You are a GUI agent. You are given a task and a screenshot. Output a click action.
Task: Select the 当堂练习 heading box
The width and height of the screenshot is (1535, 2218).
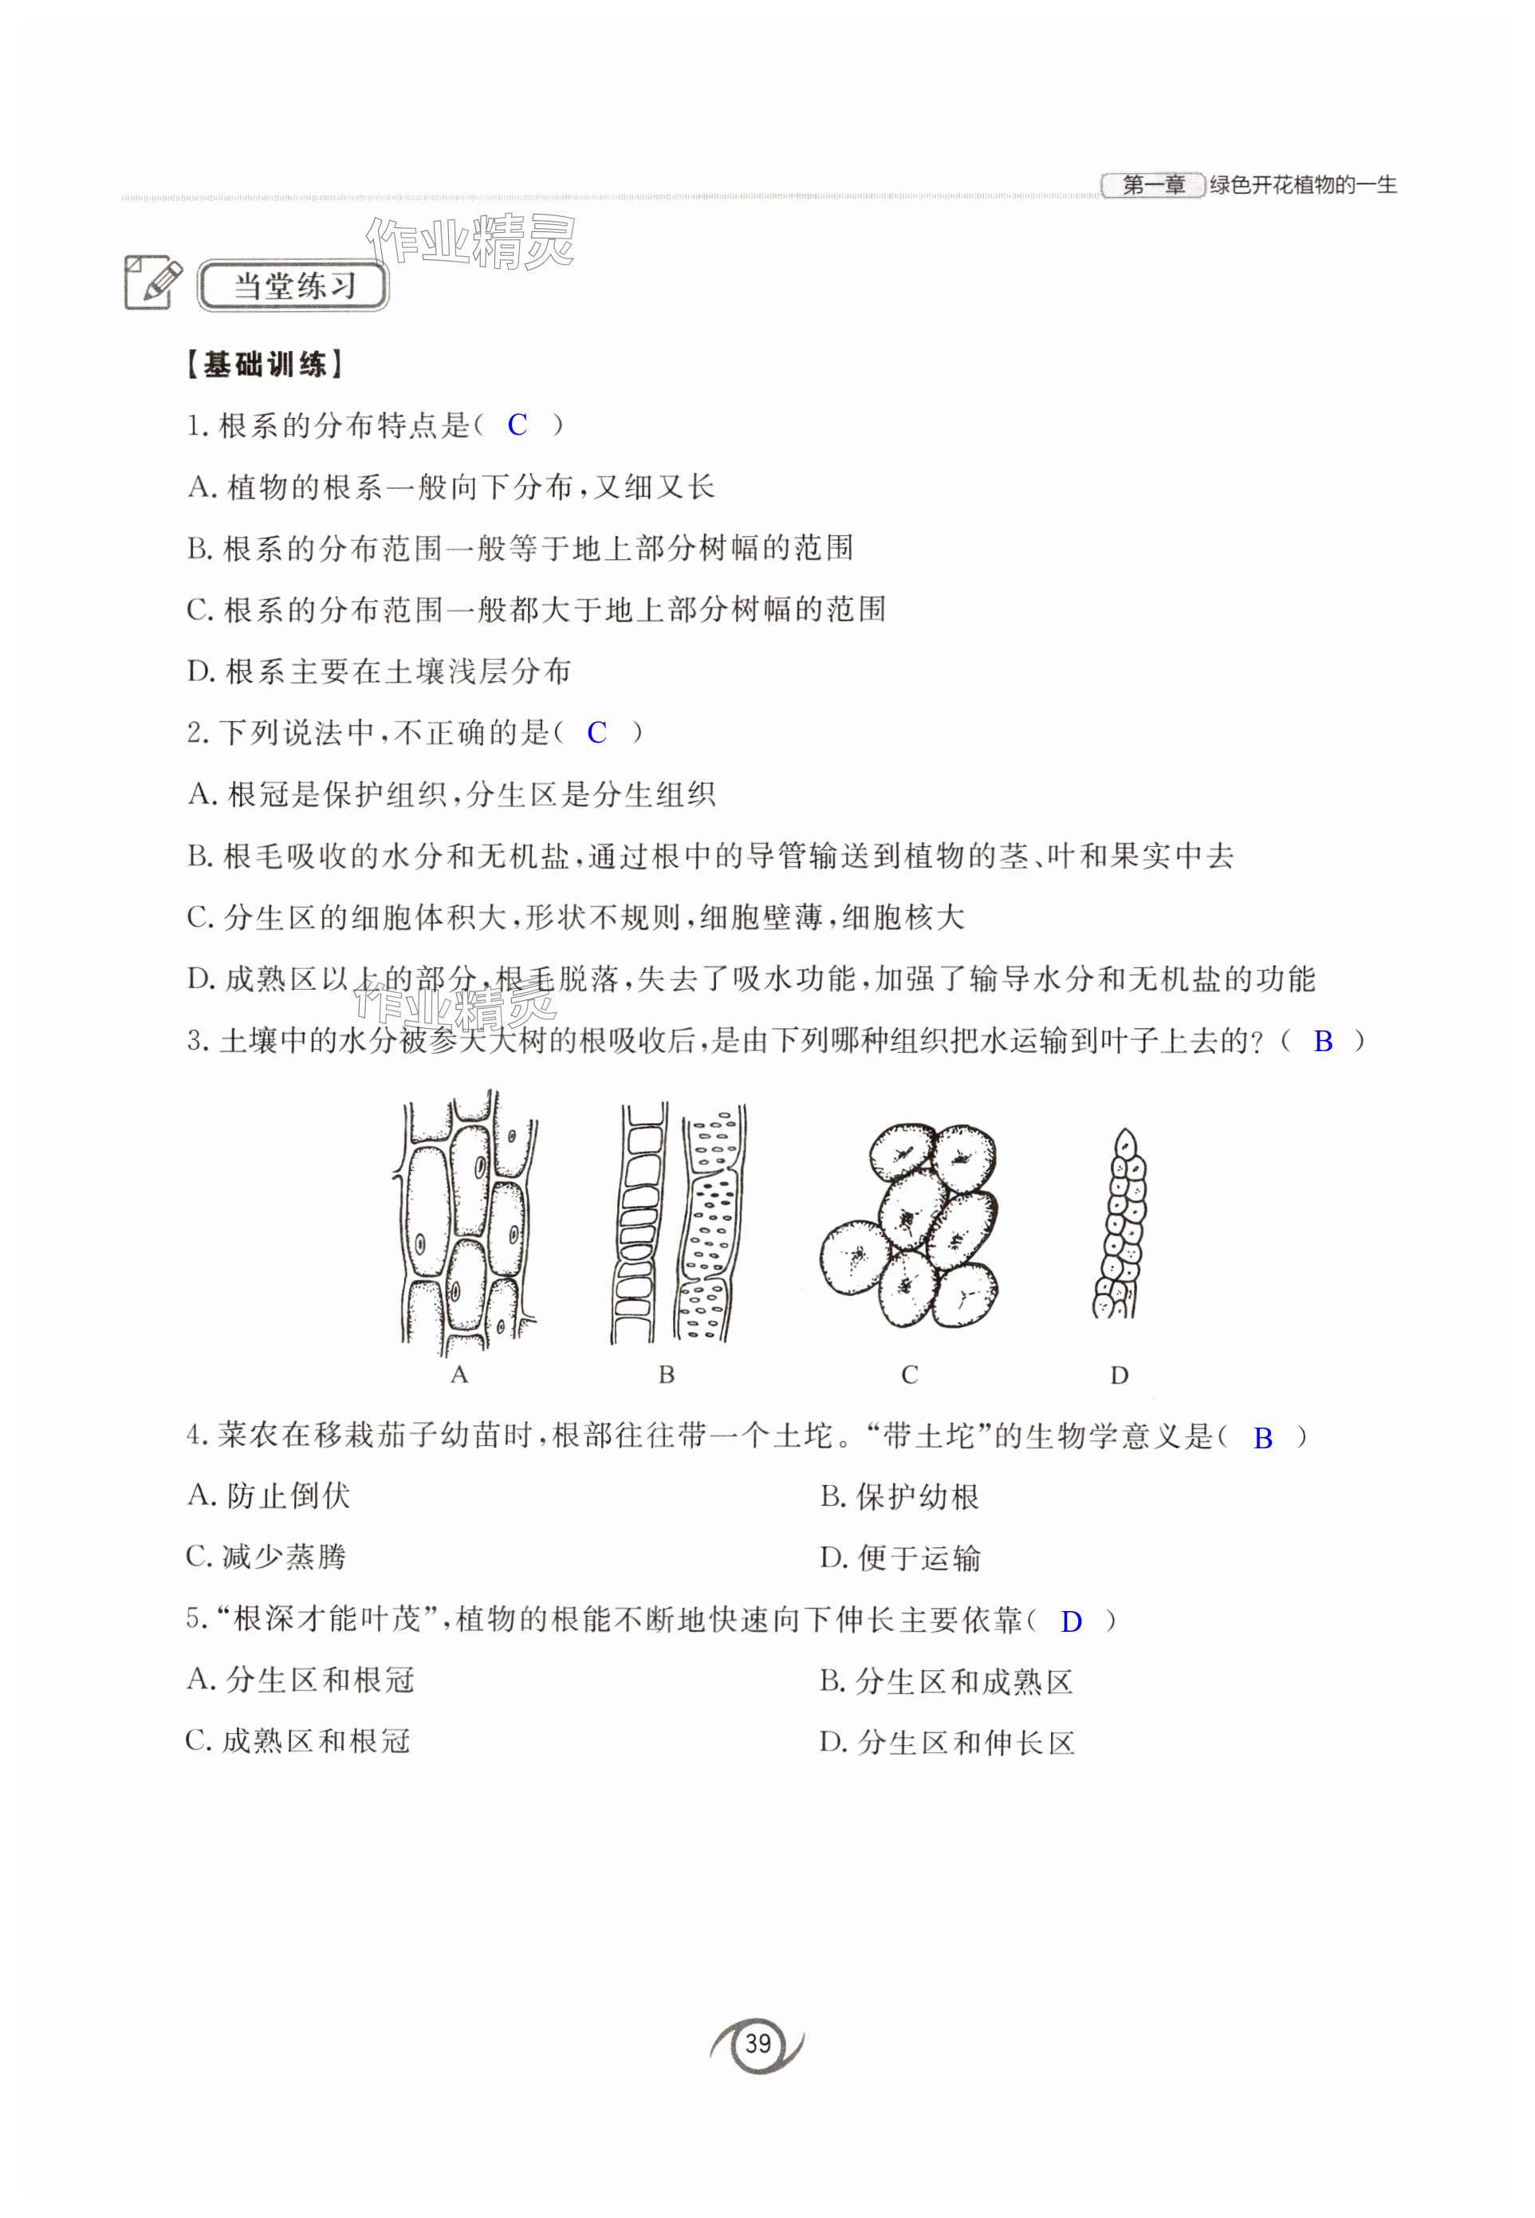click(x=293, y=286)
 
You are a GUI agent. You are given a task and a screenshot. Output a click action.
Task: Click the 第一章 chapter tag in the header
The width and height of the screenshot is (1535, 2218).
click(x=1152, y=185)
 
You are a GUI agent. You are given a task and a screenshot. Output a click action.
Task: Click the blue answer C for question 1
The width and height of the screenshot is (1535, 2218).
click(x=518, y=425)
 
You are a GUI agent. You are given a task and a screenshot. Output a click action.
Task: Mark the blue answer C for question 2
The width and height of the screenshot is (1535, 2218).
click(x=596, y=733)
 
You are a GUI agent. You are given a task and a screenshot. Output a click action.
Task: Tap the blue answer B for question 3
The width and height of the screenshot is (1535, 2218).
click(x=1324, y=1041)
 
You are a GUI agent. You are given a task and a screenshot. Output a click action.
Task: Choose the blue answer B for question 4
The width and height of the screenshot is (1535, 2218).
click(x=1263, y=1438)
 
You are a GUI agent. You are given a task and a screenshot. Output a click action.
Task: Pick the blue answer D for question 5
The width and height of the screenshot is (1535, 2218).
click(x=1070, y=1621)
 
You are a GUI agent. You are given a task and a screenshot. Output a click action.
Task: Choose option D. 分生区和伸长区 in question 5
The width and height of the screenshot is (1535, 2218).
click(x=947, y=1743)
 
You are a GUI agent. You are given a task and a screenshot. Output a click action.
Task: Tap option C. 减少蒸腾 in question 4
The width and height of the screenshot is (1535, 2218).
click(x=266, y=1556)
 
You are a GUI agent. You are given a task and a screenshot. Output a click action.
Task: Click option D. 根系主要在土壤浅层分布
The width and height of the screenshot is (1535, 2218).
click(x=379, y=672)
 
